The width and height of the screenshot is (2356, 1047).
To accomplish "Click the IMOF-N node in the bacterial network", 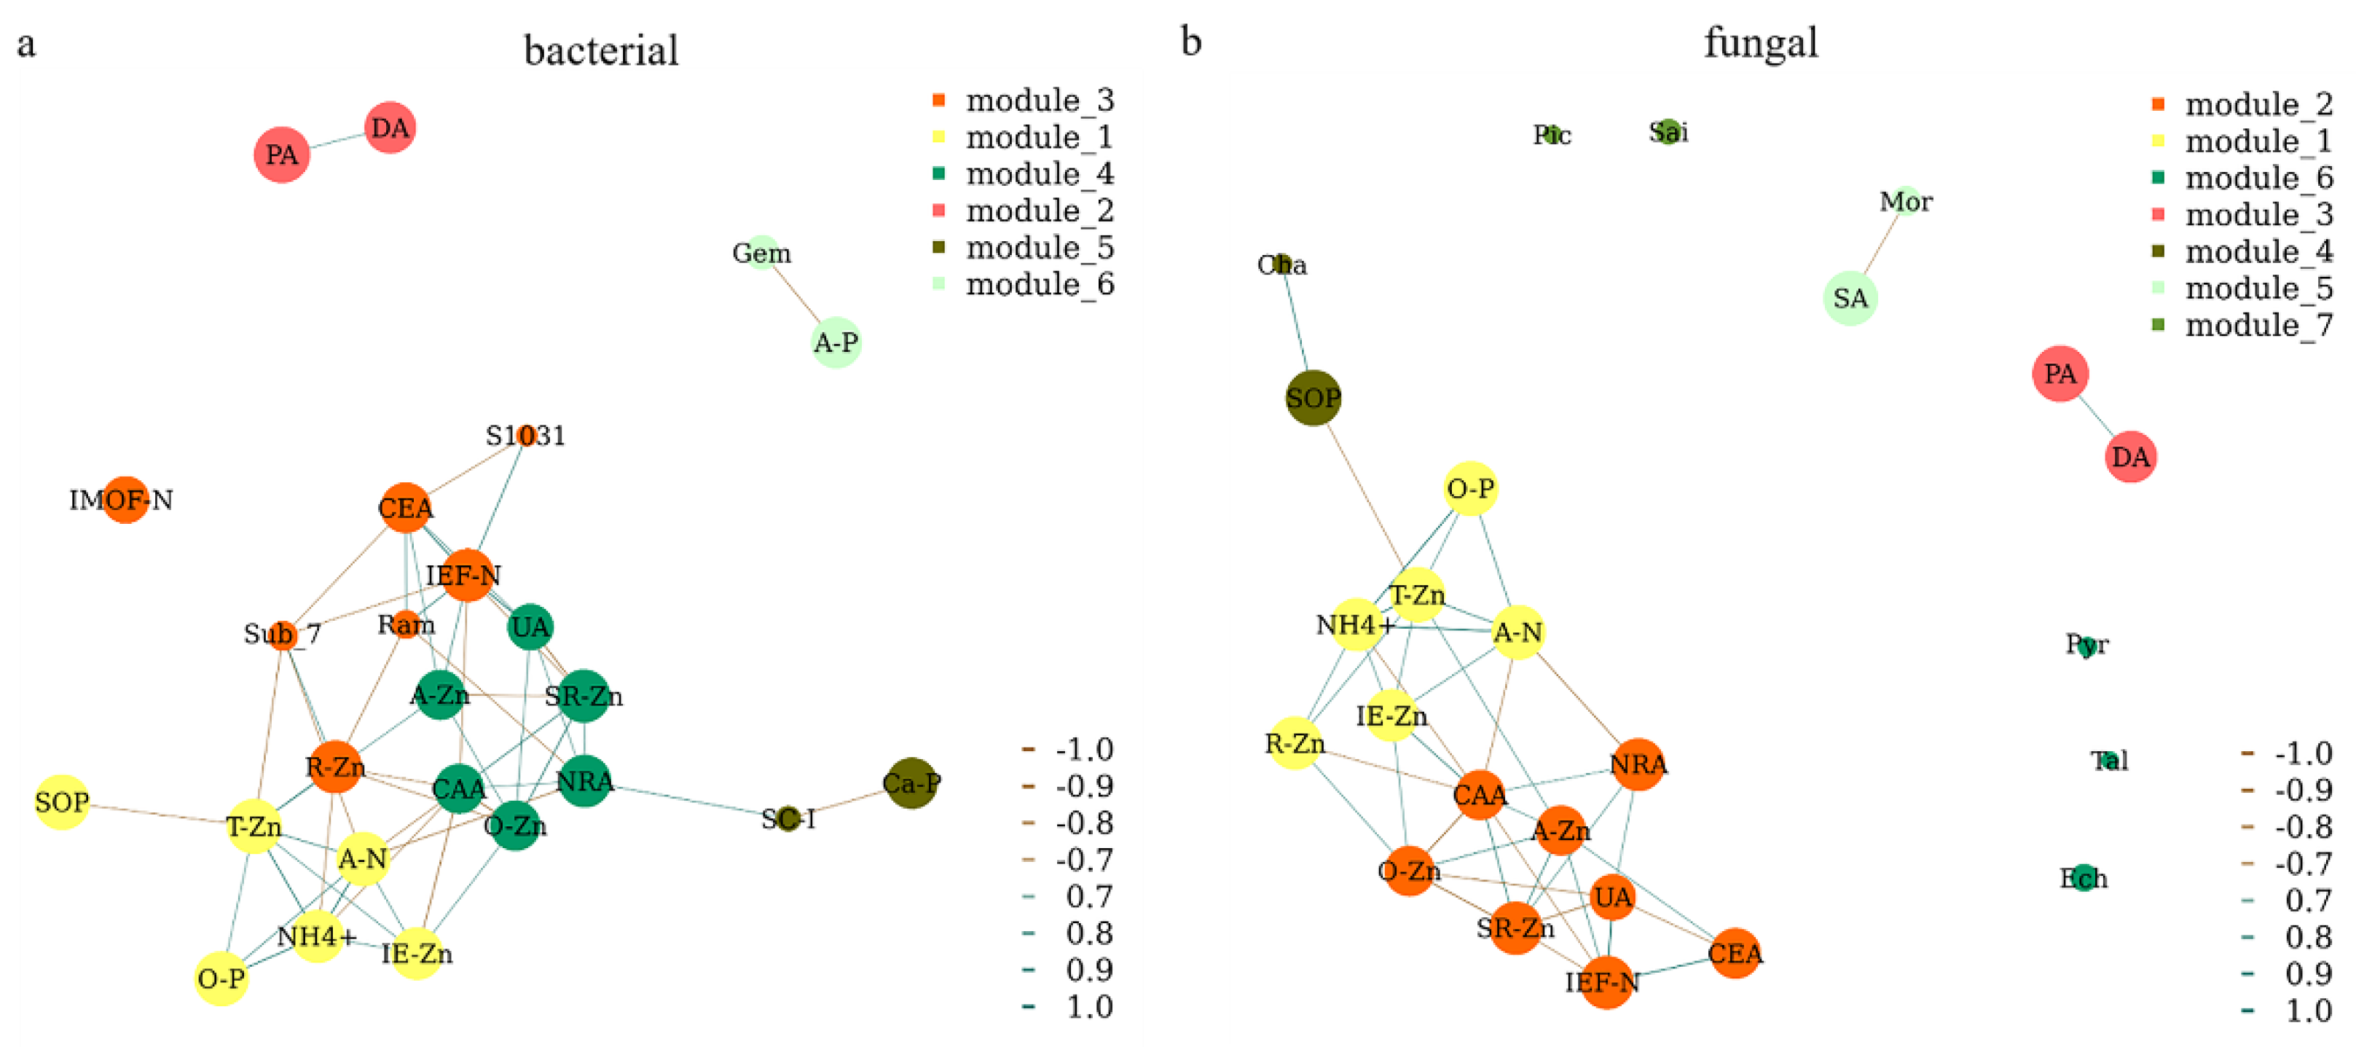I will point(125,500).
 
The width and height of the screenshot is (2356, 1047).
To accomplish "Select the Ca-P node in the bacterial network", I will point(911,783).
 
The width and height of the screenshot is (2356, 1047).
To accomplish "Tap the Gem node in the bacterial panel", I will point(762,251).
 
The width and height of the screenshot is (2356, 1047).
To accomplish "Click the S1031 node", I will point(526,435).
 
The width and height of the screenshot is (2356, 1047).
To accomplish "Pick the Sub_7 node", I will point(283,635).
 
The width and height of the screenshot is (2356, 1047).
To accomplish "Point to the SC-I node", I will point(788,818).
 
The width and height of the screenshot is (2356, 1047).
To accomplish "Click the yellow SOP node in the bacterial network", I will point(62,802).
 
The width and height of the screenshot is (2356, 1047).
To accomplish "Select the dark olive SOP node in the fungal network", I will point(1314,398).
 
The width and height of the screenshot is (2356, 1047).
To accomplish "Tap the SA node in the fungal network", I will point(1850,298).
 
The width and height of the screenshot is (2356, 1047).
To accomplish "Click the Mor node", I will point(1906,201).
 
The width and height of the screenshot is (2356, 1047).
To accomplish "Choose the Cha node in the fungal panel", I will point(1282,264).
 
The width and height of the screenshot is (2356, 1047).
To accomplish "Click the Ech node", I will point(2084,878).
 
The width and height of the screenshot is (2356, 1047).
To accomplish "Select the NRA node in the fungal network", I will point(1638,764).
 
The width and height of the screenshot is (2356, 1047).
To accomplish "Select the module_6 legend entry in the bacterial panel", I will point(1039,284).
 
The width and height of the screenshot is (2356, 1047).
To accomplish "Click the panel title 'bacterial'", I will point(601,50).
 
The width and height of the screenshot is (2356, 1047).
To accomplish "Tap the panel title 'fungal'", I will point(1761,43).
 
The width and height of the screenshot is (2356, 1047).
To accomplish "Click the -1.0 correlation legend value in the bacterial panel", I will point(1084,750).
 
